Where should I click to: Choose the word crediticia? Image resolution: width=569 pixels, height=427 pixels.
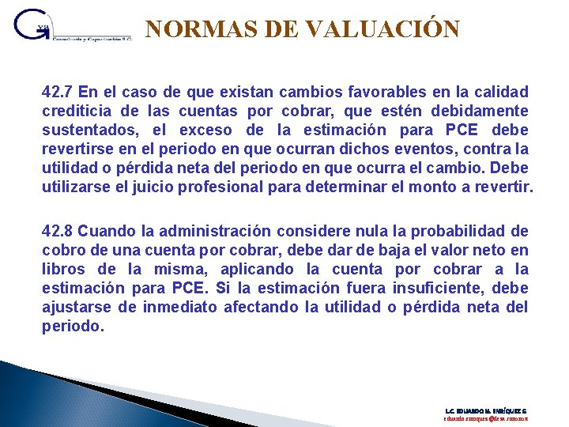pos(74,111)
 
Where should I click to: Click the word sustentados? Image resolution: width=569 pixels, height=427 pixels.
pos(86,130)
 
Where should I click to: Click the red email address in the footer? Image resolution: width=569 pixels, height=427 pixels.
pos(485,420)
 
